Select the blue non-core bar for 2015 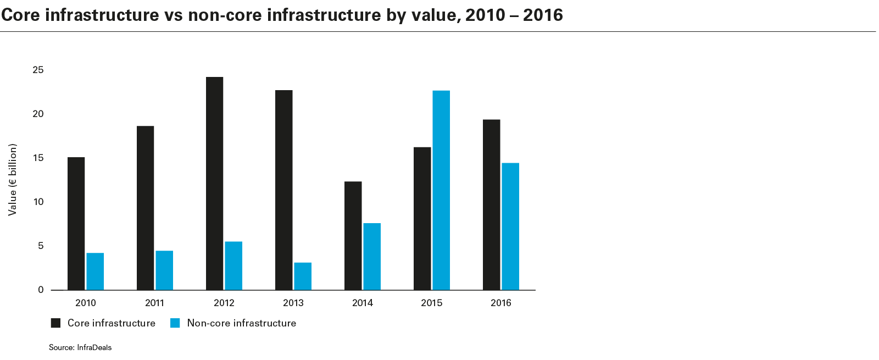pos(441,190)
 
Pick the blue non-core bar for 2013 pos(303,276)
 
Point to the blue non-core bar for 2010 pos(95,271)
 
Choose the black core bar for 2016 pos(492,204)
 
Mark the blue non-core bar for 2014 pos(372,256)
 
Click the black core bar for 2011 pos(146,208)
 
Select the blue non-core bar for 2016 pos(510,226)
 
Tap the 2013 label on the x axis pos(293,303)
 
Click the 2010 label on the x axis pos(85,303)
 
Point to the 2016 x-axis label pos(500,303)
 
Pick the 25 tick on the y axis pos(38,70)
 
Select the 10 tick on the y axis pos(38,202)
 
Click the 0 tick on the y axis pos(41,290)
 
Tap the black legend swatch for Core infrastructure pos(55,323)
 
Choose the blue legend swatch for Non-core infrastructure pos(175,323)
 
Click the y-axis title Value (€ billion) pos(13,180)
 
